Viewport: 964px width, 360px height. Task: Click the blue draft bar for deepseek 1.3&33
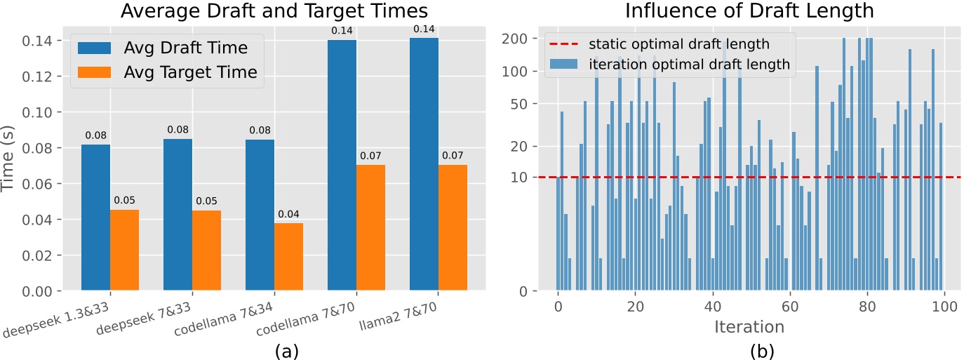(x=95, y=218)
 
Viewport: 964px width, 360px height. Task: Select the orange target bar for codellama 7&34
(x=288, y=257)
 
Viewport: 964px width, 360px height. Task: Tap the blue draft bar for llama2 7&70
(x=424, y=164)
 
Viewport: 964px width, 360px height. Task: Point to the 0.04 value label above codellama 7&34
(x=288, y=213)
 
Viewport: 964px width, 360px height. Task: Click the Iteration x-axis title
(x=749, y=327)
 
